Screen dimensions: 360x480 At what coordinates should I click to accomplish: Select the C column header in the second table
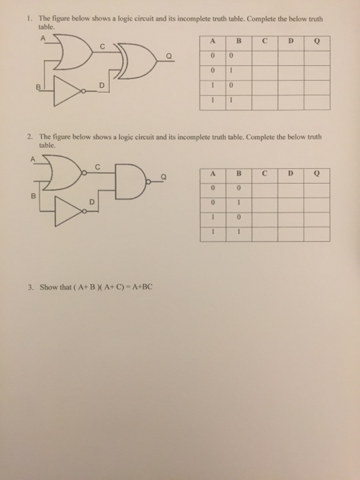coord(263,174)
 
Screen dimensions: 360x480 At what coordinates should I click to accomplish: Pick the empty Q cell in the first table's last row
coord(317,99)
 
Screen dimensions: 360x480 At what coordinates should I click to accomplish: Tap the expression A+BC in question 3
coord(139,286)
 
